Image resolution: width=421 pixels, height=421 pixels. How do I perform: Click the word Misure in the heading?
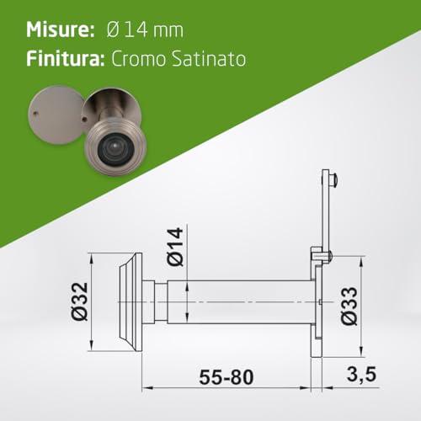(x=61, y=29)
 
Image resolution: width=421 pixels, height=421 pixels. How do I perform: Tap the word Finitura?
(x=66, y=59)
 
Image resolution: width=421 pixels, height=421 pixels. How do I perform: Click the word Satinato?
(x=209, y=59)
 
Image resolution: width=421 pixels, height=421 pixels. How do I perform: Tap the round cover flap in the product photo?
(x=56, y=115)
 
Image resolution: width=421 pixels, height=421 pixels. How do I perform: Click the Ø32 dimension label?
(x=79, y=301)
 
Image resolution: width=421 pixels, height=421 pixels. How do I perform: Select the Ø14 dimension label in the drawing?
(x=175, y=247)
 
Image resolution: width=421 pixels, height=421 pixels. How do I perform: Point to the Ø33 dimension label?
(x=349, y=306)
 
